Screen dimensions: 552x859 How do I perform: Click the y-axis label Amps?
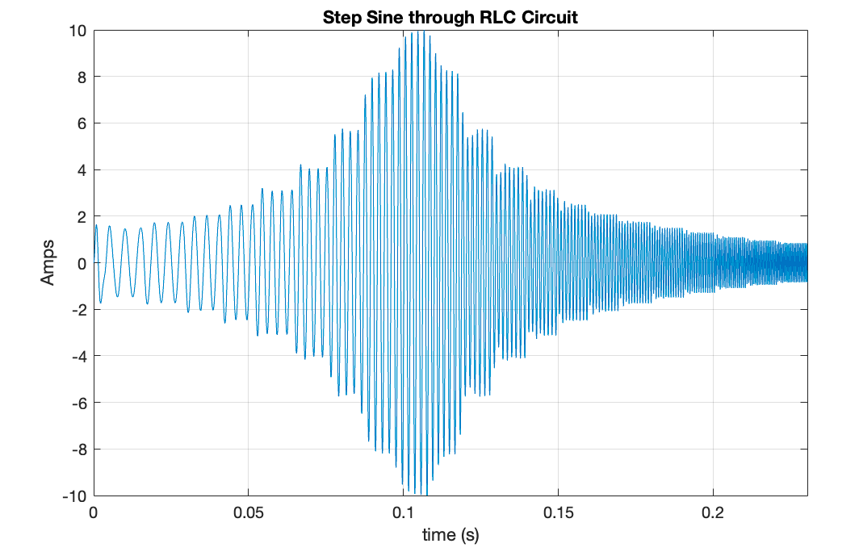(48, 262)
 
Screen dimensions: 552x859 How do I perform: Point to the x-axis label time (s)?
(450, 535)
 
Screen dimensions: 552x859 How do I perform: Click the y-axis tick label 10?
(78, 31)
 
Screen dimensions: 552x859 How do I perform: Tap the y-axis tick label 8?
(82, 77)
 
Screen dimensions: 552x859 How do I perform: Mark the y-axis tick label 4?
(82, 170)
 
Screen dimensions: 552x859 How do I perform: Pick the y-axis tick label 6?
(82, 123)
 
